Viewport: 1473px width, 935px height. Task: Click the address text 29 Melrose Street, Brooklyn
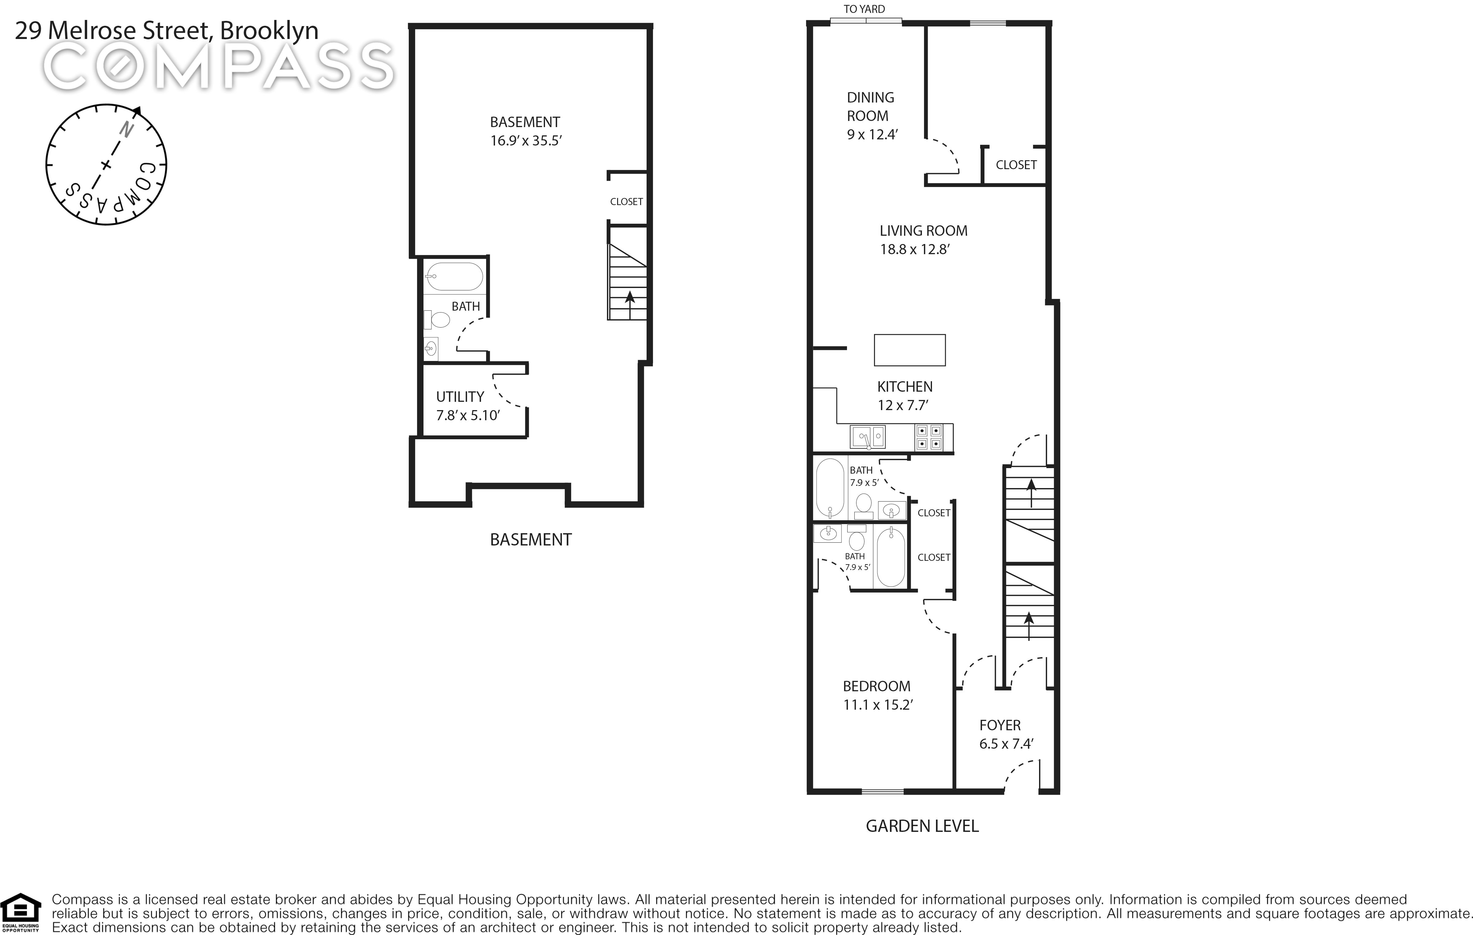tap(166, 31)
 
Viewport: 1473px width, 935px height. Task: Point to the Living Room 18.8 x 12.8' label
tap(923, 240)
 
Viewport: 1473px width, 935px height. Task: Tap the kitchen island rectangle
tap(910, 350)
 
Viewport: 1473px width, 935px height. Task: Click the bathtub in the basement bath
tap(454, 277)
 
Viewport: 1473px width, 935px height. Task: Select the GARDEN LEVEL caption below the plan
tap(922, 826)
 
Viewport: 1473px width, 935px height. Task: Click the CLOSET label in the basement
tap(626, 201)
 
